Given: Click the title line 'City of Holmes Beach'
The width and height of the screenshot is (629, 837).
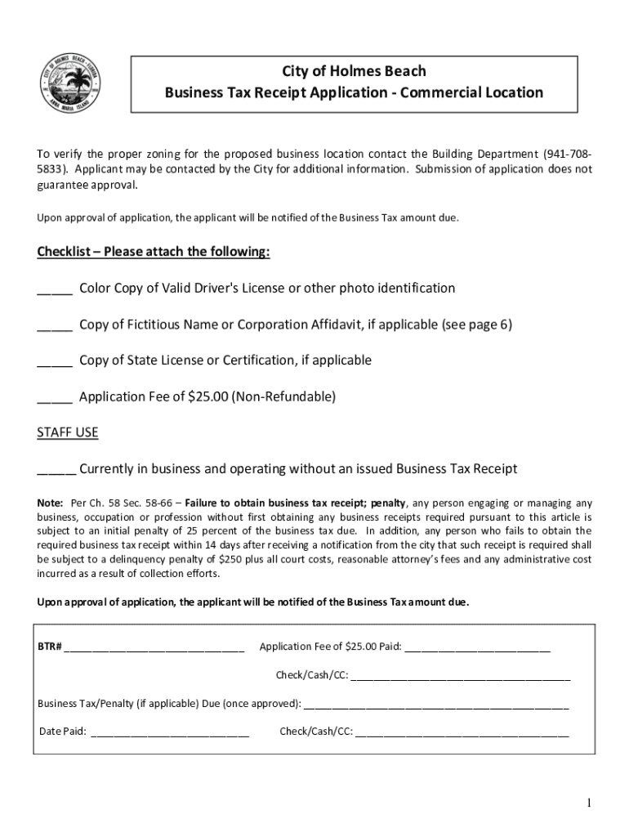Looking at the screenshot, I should click(x=354, y=71).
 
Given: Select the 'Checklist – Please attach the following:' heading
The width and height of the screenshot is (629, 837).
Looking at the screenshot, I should click(x=154, y=252).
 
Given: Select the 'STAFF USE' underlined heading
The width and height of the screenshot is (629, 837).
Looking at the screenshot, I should click(x=68, y=432).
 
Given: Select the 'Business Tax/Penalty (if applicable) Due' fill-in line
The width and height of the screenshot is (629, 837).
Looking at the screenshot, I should click(x=436, y=704).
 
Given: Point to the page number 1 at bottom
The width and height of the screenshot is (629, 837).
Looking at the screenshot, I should click(x=588, y=803).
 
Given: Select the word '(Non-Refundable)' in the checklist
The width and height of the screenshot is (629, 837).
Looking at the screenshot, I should click(x=283, y=396).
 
